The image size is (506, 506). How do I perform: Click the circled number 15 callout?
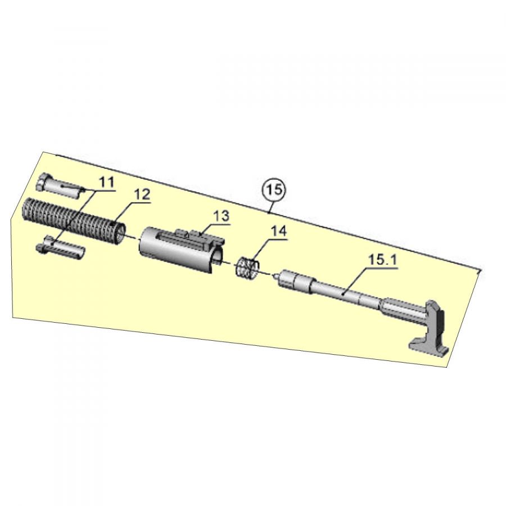pyautogui.click(x=274, y=190)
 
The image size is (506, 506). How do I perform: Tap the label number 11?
pyautogui.click(x=106, y=182)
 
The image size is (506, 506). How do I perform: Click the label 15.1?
pyautogui.click(x=383, y=260)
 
